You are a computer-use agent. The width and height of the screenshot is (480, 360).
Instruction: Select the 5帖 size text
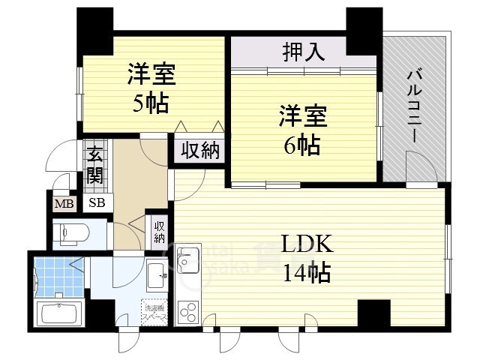tap(151, 103)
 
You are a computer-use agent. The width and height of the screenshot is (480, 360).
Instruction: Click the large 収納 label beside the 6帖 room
tap(200, 151)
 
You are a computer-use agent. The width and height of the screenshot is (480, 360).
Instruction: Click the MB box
tap(63, 202)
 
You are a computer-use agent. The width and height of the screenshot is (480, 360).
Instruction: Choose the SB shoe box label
tap(97, 202)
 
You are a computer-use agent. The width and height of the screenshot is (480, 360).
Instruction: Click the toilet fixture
tap(72, 233)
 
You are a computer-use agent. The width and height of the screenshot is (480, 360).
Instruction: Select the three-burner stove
tap(187, 310)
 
